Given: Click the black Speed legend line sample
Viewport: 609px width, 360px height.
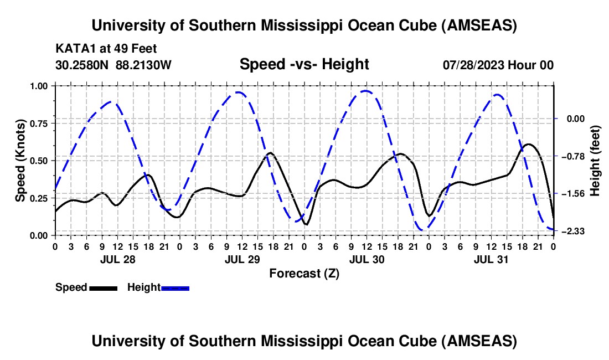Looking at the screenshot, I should (103, 288).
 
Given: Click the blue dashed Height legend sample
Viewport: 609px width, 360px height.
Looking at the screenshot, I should (175, 288).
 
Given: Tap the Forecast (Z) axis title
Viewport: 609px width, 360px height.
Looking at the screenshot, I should (304, 273).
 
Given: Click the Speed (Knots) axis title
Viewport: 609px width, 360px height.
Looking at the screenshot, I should (20, 161).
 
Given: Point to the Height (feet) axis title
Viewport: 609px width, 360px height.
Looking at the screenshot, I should (595, 161).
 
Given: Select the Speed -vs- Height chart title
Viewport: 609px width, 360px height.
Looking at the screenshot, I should (304, 65).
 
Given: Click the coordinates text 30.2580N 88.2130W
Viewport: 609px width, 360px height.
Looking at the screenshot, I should (113, 65).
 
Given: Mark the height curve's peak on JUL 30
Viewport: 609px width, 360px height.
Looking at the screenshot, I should (366, 91).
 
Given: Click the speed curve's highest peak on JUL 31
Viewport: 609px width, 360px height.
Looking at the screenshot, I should (529, 144).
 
